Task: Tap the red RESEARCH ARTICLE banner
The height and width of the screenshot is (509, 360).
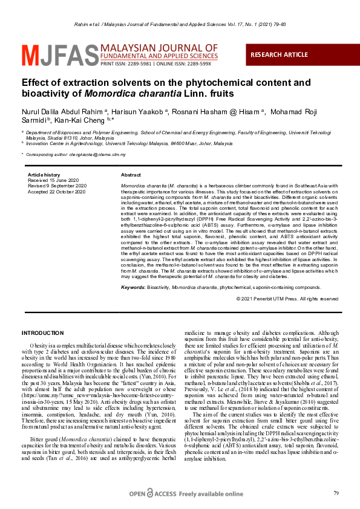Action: pos(279,54)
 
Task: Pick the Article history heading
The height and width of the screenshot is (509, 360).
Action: pos(44,175)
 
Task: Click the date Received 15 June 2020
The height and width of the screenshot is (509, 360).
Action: pos(54,180)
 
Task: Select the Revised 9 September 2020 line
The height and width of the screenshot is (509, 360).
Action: pos(57,186)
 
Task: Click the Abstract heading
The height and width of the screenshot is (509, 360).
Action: pos(131,175)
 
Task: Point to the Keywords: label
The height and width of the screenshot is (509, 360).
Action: pos(133,288)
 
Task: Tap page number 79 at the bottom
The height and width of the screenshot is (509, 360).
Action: pos(336,494)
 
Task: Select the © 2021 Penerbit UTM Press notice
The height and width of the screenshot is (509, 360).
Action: pos(287,299)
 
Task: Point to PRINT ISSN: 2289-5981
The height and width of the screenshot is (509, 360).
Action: pos(125,63)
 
